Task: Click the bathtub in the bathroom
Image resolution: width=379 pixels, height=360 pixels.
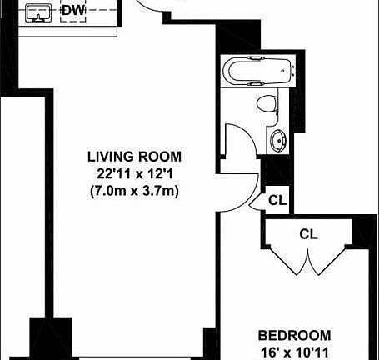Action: tap(258, 72)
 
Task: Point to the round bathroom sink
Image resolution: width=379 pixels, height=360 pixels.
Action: tap(277, 140)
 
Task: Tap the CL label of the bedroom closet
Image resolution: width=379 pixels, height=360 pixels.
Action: tap(308, 235)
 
